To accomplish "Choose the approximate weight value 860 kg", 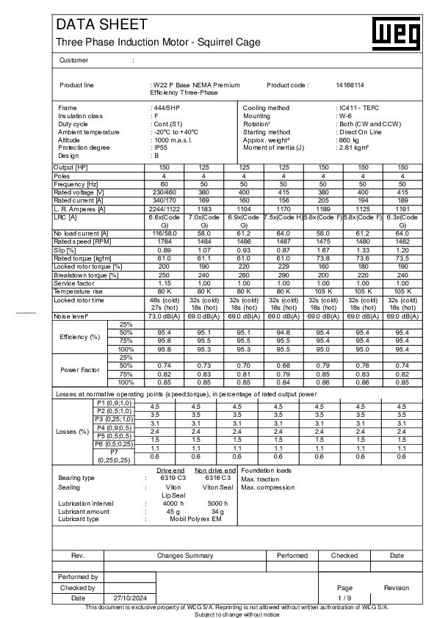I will (347, 139).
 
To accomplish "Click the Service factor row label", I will (74, 283).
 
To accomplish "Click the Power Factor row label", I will (79, 369).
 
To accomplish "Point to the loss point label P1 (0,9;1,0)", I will (115, 403).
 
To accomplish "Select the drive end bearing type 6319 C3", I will (173, 477).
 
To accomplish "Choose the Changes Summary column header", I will (184, 556).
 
